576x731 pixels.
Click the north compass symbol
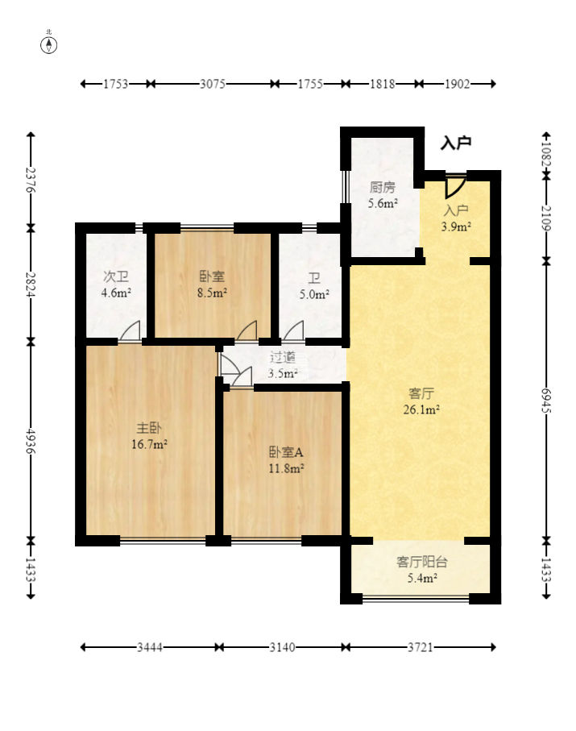click(x=49, y=45)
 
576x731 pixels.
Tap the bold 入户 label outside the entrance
click(x=456, y=143)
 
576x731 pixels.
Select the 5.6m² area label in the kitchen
click(x=383, y=203)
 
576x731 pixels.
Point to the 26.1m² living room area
click(x=422, y=409)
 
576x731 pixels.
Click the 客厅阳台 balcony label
click(x=422, y=562)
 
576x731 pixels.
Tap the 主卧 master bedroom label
click(x=149, y=428)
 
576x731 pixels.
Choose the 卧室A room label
click(x=286, y=452)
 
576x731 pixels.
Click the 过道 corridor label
click(x=283, y=358)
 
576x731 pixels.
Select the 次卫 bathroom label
click(x=116, y=277)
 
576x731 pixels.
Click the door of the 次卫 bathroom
click(x=130, y=331)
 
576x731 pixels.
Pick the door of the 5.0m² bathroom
click(x=293, y=331)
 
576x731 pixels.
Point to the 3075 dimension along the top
click(x=213, y=84)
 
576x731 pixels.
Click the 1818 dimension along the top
click(x=382, y=84)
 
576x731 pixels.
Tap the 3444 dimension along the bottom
click(x=150, y=647)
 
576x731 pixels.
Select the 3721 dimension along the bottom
click(x=421, y=647)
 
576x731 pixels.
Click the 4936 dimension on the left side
click(x=31, y=441)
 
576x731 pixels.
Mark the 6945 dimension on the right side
click(x=546, y=400)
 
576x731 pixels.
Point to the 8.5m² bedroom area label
click(x=212, y=293)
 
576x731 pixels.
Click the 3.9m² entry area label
click(x=456, y=227)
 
